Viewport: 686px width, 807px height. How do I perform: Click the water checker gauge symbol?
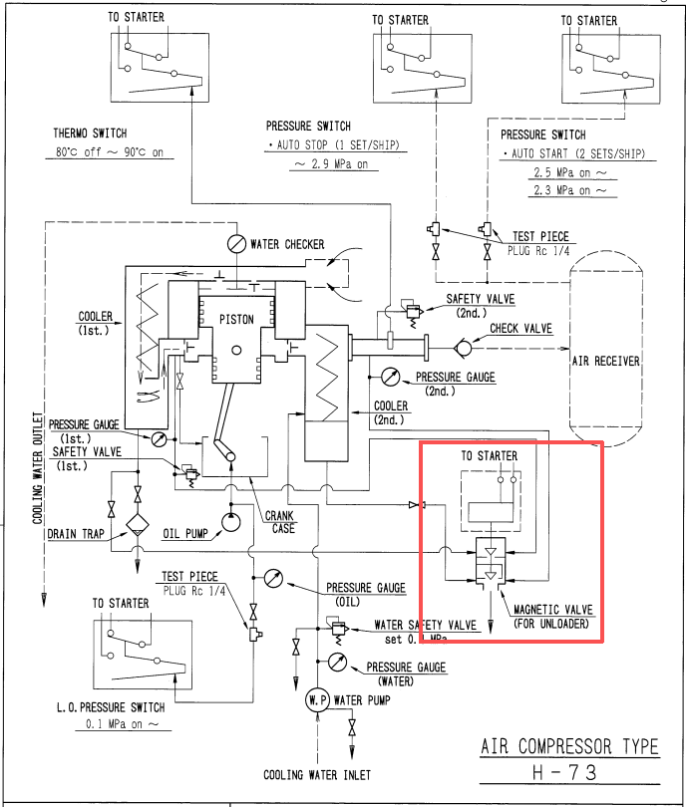(236, 243)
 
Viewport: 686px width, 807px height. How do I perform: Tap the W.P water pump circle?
(317, 700)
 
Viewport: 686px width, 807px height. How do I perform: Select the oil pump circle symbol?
(230, 522)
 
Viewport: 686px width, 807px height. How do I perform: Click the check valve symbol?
(463, 349)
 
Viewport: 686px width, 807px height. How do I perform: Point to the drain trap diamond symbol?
(138, 525)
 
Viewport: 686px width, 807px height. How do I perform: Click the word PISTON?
(236, 320)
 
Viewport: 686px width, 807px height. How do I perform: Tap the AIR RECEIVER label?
(605, 361)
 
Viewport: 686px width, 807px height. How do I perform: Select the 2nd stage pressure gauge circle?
(391, 377)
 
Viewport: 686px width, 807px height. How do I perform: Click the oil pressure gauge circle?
(273, 579)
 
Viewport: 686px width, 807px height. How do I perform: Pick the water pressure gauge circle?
(337, 662)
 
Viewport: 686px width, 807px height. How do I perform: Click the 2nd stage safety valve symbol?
(413, 311)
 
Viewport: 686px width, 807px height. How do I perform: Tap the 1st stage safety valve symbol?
(190, 474)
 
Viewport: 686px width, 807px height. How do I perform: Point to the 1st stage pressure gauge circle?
(160, 439)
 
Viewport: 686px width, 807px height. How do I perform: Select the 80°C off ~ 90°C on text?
(110, 152)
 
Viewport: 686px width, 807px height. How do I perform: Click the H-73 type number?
(565, 772)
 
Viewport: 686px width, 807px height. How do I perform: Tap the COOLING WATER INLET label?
(317, 775)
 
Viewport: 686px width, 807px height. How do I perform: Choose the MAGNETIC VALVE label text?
(553, 610)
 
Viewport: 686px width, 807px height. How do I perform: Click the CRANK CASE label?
(279, 522)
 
